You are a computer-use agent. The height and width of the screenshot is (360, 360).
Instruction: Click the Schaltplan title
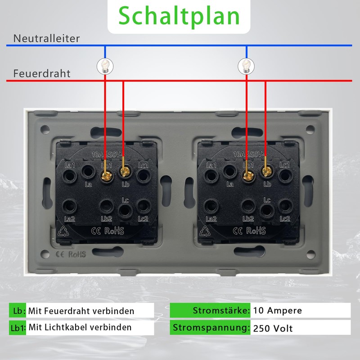tap(179, 16)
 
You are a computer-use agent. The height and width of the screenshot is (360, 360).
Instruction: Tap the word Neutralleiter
tap(46, 38)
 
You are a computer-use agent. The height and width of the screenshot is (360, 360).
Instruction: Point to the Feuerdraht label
tap(41, 73)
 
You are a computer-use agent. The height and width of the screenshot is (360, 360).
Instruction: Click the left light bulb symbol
tap(105, 67)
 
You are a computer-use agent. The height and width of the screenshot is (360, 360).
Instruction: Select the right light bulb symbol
tap(246, 67)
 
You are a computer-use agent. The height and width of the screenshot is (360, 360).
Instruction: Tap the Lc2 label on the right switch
tap(285, 219)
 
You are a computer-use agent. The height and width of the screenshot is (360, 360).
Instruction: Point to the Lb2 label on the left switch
tap(106, 219)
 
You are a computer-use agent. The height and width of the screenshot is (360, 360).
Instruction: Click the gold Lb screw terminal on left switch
tap(124, 171)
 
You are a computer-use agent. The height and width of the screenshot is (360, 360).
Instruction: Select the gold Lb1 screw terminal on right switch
tap(247, 171)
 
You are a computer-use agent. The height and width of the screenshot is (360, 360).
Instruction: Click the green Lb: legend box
tap(18, 310)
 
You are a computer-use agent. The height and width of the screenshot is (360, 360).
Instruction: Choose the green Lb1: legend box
tap(18, 327)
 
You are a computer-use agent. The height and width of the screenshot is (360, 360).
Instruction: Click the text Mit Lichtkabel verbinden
tap(80, 327)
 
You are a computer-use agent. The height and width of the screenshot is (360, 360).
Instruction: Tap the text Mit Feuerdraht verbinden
tap(81, 310)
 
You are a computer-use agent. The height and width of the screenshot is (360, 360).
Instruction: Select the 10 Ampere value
tap(278, 310)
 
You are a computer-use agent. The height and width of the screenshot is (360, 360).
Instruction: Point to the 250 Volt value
tap(273, 328)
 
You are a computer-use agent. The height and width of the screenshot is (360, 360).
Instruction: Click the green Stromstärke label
tap(211, 310)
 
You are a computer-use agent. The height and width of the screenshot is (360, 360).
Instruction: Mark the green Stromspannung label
tap(211, 327)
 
